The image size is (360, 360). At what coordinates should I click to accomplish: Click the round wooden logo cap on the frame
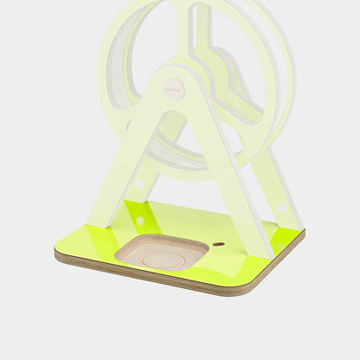tap(174, 88)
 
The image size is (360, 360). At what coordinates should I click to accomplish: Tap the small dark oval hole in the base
tap(218, 244)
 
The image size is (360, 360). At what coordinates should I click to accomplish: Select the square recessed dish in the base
tap(161, 252)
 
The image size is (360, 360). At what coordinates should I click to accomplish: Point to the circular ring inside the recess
tap(164, 259)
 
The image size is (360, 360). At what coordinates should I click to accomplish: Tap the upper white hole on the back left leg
tap(139, 183)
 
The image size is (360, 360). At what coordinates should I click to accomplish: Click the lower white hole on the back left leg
tap(139, 221)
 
